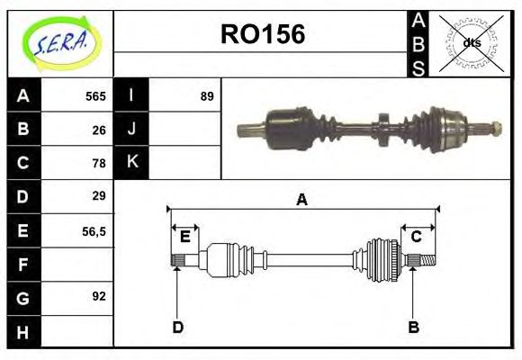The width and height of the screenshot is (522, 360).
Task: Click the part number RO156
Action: coord(263,34)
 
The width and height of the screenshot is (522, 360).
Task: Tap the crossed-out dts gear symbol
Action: coord(471,43)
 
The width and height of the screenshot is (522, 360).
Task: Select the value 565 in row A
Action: coord(95,96)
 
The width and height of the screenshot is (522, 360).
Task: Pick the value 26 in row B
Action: coord(100,130)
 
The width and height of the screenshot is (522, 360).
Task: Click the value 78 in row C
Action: coord(100,163)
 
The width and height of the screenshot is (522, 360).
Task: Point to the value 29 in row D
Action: coord(100,196)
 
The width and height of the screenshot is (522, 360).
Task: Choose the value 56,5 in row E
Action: coord(94,230)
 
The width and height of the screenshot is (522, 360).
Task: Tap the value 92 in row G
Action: coord(100,296)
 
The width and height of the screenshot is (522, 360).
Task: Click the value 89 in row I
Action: coord(207,96)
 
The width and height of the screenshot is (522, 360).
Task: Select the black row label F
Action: coord(22,264)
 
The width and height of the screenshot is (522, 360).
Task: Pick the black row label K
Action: coord(131,163)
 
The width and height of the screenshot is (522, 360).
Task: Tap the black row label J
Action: coord(131,130)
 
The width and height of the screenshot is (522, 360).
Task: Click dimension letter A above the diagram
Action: coord(302,200)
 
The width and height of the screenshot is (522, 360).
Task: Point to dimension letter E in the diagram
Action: coord(185,238)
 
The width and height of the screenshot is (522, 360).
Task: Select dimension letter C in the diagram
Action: coord(417,237)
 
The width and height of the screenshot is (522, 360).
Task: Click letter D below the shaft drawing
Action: coord(177,327)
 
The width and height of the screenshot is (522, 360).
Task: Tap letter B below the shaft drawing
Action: coord(414,327)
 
